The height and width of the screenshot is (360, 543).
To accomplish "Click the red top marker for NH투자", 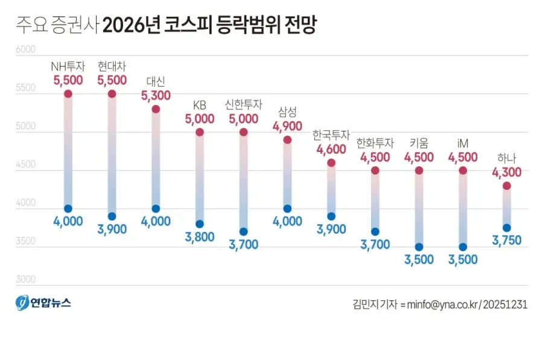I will (68, 93).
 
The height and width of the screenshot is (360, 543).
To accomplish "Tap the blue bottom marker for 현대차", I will (112, 216).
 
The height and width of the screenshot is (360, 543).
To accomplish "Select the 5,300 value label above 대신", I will (156, 95).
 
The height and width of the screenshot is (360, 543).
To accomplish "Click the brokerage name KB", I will (200, 105).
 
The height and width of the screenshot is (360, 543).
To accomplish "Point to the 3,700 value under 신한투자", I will (244, 244).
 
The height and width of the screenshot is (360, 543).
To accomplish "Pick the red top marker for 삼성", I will (287, 139).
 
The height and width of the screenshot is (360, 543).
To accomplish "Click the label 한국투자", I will (331, 134).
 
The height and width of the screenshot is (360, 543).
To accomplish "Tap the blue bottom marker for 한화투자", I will (375, 231).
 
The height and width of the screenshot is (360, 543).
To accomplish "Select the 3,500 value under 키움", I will (419, 260).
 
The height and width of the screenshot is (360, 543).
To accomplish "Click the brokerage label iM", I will (463, 143).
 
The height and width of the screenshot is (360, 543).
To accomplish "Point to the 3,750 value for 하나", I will (507, 241).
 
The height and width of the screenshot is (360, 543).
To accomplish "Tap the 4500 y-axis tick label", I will (25, 165).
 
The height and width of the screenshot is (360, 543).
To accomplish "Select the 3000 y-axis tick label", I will (25, 279).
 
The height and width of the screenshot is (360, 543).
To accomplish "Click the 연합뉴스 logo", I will (43, 303).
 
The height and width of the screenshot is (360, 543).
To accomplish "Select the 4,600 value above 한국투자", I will (331, 148).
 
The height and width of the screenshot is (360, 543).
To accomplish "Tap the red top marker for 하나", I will (507, 185).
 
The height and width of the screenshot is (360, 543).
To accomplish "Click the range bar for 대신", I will (156, 159).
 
